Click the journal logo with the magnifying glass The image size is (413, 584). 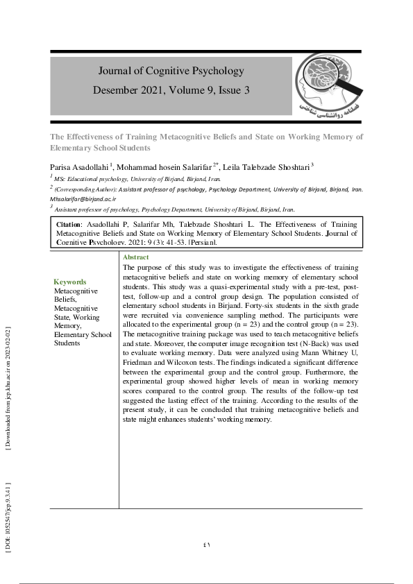327,85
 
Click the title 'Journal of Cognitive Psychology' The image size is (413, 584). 171,71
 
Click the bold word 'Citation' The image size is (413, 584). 69,225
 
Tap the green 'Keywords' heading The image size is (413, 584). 70,282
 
